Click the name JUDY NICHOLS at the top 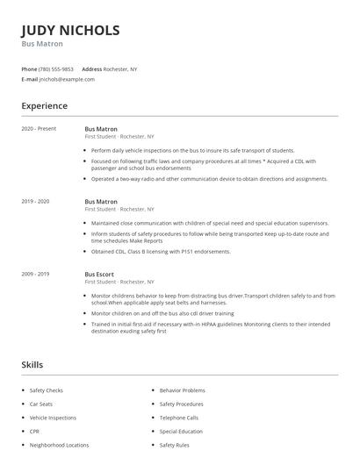point(70,30)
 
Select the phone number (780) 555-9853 point(57,68)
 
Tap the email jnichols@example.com point(66,79)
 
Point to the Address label point(91,68)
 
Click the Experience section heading point(44,106)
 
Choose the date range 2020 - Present point(39,129)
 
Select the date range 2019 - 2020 point(35,201)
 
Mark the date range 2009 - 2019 point(35,274)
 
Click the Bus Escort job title point(100,274)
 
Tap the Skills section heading point(32,364)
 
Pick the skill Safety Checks point(46,390)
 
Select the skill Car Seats point(40,404)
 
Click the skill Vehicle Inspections point(53,418)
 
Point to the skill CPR point(34,432)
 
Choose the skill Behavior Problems point(182,390)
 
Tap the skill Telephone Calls point(179,418)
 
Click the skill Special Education point(181,432)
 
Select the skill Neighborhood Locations point(59,445)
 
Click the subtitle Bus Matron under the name point(42,44)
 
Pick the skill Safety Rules point(174,445)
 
